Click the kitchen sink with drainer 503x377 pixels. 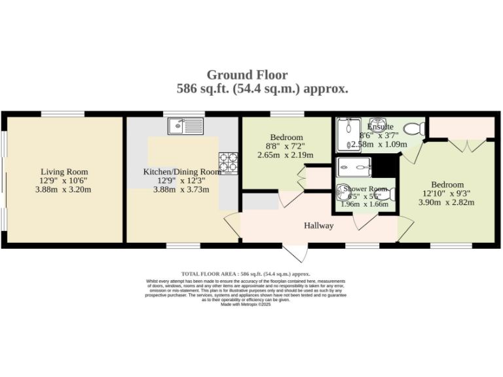point(187,126)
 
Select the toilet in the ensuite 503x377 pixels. point(413,128)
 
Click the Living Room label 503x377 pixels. point(64,171)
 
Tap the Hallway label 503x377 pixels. point(319,226)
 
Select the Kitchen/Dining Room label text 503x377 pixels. point(183,172)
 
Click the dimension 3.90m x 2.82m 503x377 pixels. point(447,202)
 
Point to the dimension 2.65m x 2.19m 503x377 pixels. point(286,155)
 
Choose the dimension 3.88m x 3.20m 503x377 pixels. point(64,190)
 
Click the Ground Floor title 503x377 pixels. point(247,75)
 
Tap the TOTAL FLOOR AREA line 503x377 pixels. point(246,274)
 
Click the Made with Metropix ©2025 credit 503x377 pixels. point(246,304)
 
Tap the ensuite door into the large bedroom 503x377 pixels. point(411,153)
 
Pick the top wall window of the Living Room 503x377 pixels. point(62,115)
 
